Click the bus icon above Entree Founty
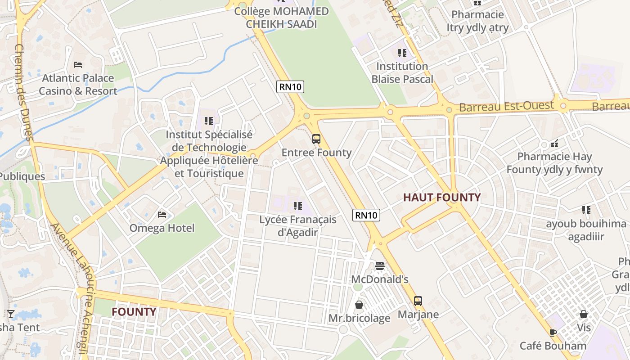tap(316, 139)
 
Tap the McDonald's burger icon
tap(380, 266)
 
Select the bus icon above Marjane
tap(418, 301)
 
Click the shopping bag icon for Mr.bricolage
tap(359, 305)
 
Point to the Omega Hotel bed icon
tap(162, 215)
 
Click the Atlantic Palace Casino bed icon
tap(78, 65)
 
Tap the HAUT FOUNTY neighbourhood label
tap(441, 197)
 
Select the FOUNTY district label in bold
tap(134, 312)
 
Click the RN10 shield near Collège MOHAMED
tap(290, 86)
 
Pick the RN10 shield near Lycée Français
tap(366, 215)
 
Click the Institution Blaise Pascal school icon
tap(402, 53)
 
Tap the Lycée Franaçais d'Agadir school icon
tap(297, 206)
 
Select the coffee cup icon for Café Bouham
tap(553, 333)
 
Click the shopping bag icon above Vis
tap(584, 314)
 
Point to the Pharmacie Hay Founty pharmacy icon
tap(555, 144)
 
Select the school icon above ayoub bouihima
tap(586, 210)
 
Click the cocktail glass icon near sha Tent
tap(11, 314)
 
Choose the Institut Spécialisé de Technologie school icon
tap(208, 121)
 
